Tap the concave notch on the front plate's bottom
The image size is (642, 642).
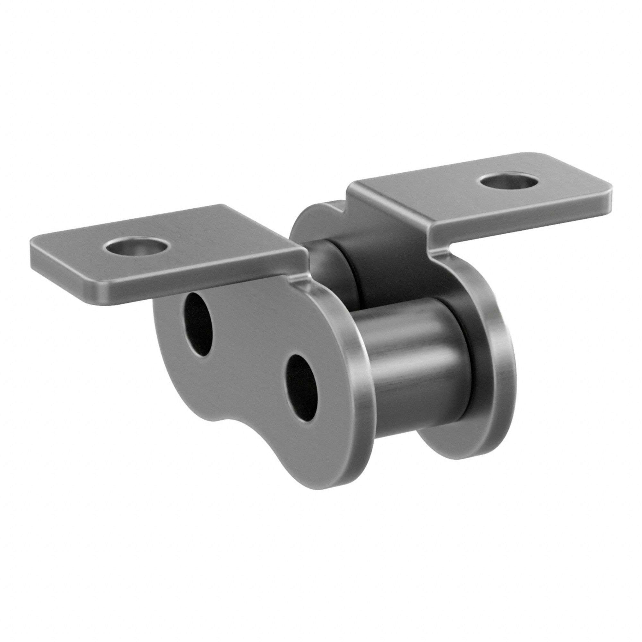pos(226,421)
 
